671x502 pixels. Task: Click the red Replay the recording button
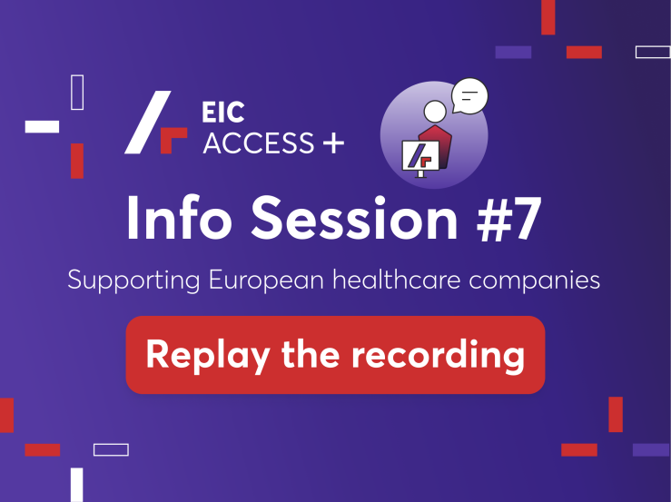coord(335,355)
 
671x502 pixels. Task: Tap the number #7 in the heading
coord(509,219)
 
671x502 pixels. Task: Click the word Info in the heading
coord(179,217)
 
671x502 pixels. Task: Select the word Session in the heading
coord(354,218)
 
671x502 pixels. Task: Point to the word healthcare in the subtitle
coord(396,280)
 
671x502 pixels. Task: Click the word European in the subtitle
coord(266,281)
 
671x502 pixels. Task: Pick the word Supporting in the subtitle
coord(133,281)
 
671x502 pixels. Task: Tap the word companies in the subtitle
coord(535,281)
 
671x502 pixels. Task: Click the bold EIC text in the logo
coord(223,113)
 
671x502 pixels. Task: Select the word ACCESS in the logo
coord(259,143)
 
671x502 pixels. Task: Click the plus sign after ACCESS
coord(334,143)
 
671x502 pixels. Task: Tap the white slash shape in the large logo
coord(148,122)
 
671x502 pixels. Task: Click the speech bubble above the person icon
coord(469,96)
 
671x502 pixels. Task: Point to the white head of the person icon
coord(435,112)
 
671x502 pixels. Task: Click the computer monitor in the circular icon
coord(420,157)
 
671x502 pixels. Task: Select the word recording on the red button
coord(438,356)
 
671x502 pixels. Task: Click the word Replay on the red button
coord(208,356)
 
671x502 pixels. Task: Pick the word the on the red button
coord(311,353)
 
